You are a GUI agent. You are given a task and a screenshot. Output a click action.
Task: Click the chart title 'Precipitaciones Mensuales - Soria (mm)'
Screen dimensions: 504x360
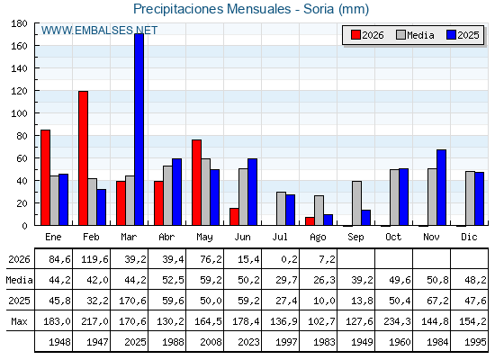[x=251, y=9]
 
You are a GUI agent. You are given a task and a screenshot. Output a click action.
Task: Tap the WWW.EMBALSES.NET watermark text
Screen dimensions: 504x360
[x=99, y=31]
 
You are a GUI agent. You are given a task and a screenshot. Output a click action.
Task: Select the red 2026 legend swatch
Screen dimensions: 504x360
[x=355, y=35]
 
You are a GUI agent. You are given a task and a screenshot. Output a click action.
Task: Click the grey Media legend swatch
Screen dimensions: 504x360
[x=400, y=35]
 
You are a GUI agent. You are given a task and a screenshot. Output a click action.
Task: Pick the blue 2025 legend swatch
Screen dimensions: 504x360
[x=451, y=35]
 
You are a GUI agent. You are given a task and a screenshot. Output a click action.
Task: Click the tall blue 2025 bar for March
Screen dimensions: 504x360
[x=139, y=130]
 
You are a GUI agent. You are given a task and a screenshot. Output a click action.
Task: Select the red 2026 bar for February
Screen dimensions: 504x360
[x=83, y=158]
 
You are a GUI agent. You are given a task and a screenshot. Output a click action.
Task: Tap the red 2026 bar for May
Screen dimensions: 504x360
[x=197, y=183]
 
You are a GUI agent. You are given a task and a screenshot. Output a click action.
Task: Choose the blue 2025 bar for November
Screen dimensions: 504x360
[x=441, y=187]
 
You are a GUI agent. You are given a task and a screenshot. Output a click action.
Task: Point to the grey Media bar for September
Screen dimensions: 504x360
[x=356, y=203]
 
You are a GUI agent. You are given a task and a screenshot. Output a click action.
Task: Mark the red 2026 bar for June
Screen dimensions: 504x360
[x=234, y=217]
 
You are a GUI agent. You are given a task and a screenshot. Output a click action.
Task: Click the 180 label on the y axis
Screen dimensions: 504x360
[x=19, y=23]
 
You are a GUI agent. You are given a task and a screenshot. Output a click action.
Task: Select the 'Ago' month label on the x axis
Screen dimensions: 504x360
[x=318, y=238]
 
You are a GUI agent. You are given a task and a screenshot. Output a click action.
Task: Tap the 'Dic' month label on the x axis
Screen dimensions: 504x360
[x=469, y=237]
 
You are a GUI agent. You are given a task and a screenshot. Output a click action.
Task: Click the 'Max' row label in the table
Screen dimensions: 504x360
[x=19, y=321]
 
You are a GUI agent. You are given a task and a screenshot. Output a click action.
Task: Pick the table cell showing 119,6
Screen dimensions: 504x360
[x=92, y=259]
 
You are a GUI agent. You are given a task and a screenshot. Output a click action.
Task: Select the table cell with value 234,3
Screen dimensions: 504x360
[x=394, y=320]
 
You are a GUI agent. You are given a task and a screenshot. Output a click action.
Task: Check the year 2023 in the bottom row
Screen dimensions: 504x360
[x=248, y=342]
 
